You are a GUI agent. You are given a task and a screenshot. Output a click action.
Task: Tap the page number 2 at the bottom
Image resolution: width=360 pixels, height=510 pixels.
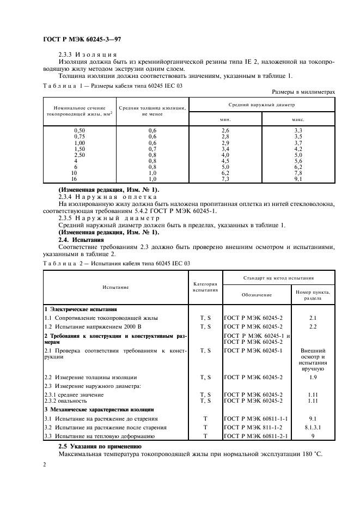tap(45, 465)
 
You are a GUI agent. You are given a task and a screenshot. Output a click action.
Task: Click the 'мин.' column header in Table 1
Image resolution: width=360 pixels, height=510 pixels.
tap(225, 118)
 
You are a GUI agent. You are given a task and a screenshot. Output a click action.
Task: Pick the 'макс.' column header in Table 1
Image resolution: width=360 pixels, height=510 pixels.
tap(298, 118)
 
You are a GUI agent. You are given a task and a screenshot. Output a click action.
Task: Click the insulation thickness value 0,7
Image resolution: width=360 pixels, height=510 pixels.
tap(152, 149)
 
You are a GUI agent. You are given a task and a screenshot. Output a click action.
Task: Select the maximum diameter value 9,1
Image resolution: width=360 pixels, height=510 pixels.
tap(298, 178)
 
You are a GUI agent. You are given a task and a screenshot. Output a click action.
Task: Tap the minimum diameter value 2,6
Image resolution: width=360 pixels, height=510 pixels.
tap(225, 131)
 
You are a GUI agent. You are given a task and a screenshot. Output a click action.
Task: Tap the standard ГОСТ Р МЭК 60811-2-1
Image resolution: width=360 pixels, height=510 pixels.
tap(256, 436)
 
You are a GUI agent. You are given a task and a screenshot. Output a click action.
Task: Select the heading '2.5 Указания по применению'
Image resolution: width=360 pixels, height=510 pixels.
tap(100, 446)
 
